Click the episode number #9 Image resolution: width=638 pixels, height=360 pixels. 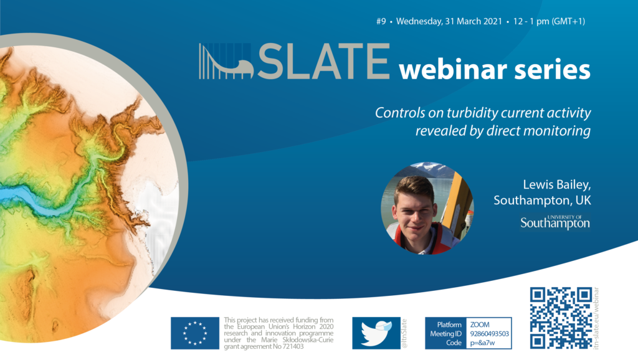381,21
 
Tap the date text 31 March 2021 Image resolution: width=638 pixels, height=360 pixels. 474,21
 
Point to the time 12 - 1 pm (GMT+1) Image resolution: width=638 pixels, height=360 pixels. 549,21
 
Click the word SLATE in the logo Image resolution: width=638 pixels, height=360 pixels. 324,61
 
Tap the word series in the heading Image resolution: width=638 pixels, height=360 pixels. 552,70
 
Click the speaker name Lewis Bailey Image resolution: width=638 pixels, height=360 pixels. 556,185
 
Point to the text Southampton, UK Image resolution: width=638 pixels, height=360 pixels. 542,200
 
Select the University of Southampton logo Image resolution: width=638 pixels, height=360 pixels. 555,222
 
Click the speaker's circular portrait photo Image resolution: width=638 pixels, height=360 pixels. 427,208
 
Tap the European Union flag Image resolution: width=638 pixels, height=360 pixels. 195,333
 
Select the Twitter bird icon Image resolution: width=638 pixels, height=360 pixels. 376,333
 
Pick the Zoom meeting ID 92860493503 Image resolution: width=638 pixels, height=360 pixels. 490,334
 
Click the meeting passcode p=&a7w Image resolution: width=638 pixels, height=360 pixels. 482,343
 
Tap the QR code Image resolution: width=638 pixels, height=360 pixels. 561,318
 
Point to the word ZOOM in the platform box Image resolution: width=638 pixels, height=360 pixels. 480,324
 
